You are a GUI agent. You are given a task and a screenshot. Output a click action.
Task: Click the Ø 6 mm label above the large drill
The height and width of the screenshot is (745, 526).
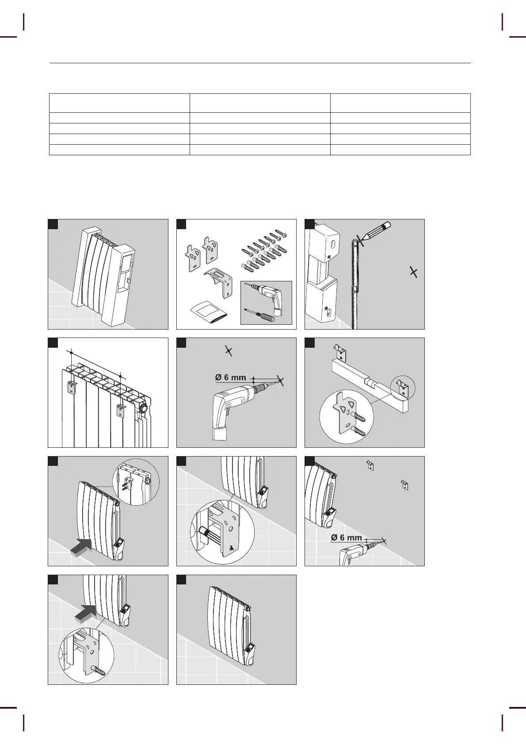coord(230,377)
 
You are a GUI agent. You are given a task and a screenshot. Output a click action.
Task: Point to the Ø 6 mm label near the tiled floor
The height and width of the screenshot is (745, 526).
coord(346,538)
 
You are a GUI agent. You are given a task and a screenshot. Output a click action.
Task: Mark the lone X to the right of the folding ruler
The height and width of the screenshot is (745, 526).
coord(413,272)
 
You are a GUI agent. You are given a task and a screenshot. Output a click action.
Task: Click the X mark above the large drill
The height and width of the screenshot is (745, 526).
coord(228,351)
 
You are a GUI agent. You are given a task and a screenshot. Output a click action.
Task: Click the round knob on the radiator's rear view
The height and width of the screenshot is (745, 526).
coord(144,408)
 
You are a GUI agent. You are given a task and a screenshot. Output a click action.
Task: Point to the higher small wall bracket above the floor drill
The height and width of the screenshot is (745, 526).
coord(371,465)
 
